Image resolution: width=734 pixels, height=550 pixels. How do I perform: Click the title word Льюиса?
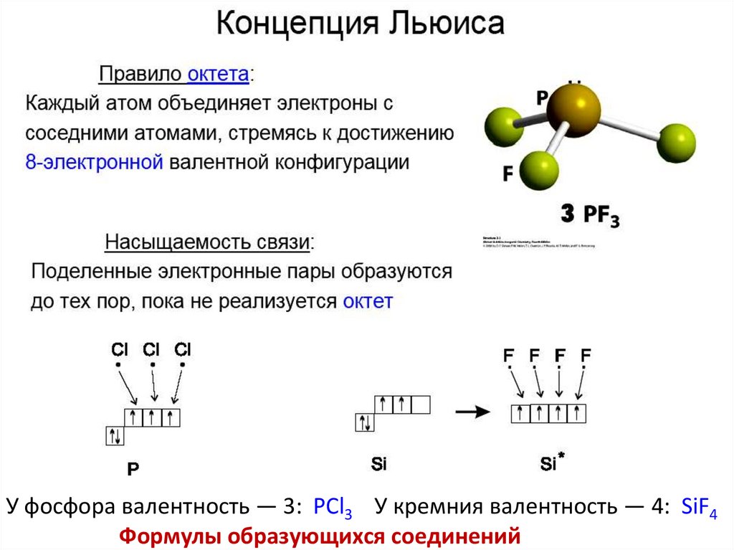tap(447, 27)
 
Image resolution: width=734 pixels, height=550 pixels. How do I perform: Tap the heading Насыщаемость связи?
tap(209, 242)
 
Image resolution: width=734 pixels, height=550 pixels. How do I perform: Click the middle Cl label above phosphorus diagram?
tap(151, 350)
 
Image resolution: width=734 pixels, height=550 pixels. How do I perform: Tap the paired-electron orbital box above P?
tap(115, 435)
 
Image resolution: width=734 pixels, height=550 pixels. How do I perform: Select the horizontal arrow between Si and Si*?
tap(472, 412)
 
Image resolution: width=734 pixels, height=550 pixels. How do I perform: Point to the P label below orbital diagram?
tap(133, 470)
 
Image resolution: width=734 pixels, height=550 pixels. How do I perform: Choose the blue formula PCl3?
tap(332, 508)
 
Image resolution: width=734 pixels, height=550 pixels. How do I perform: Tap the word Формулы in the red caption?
tap(165, 535)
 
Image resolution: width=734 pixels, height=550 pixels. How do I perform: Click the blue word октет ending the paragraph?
tap(368, 300)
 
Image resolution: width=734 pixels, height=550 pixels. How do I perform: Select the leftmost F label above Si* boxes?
tap(508, 355)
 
